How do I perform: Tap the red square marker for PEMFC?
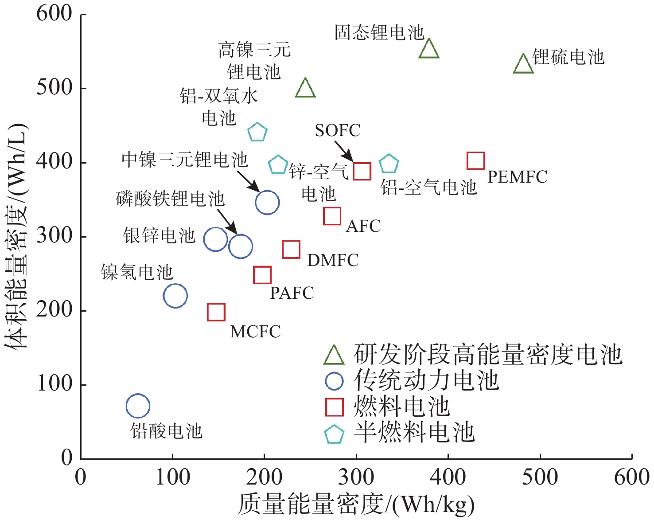(475, 160)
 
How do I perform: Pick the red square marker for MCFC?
(216, 312)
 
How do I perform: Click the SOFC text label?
(337, 130)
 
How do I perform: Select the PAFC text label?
(292, 293)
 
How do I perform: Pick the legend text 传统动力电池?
(426, 380)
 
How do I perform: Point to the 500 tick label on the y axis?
(54, 88)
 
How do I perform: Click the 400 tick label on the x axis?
(448, 477)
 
